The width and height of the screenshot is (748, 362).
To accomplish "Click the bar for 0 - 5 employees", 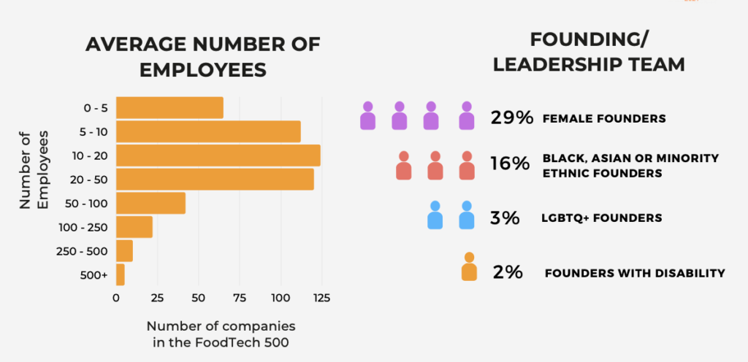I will [x=169, y=107].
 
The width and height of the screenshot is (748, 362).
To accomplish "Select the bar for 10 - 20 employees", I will [x=218, y=155].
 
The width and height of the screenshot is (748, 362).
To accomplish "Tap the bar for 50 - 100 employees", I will [x=150, y=203].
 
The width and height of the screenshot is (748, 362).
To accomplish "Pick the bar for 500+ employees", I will [x=121, y=275].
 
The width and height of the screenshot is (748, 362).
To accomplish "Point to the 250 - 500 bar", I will [x=124, y=251].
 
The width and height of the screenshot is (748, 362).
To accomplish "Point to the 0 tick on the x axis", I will [x=116, y=298].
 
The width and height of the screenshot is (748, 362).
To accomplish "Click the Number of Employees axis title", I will [x=34, y=169].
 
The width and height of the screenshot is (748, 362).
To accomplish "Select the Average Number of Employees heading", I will [x=202, y=56].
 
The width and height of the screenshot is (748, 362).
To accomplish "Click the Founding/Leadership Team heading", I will [x=589, y=51].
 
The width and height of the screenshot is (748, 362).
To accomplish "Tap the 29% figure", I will [x=512, y=118].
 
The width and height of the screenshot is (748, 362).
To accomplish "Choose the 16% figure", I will [x=510, y=164].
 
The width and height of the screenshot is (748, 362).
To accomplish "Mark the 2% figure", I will [x=508, y=272].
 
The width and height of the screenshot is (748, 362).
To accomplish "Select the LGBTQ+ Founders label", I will [x=602, y=218].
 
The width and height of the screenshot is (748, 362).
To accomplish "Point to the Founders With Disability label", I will [x=634, y=273].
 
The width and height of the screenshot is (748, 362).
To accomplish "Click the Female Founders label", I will [x=604, y=118].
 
